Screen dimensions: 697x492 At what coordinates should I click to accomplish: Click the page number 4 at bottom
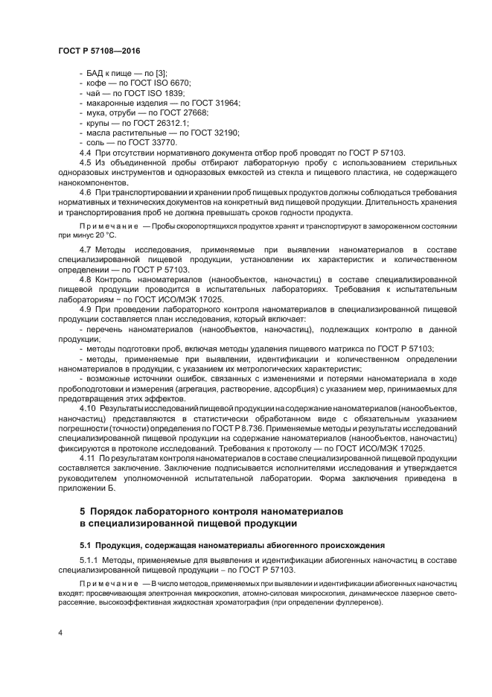click(60, 632)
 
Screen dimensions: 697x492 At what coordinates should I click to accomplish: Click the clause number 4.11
click(87, 458)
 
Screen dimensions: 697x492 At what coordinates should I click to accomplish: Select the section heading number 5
click(83, 512)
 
